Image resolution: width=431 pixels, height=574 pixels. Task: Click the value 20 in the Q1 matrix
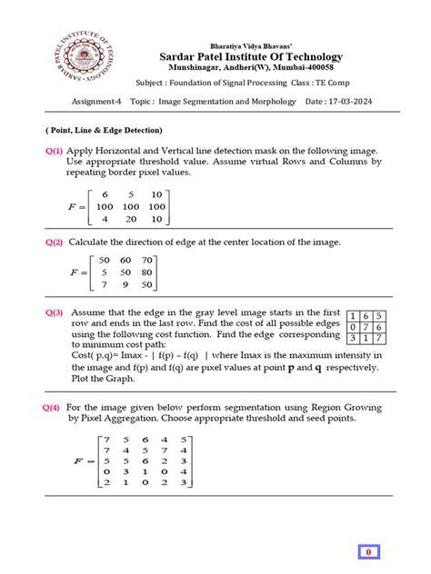(130, 218)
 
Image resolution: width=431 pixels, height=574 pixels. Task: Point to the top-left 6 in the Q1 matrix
(105, 194)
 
